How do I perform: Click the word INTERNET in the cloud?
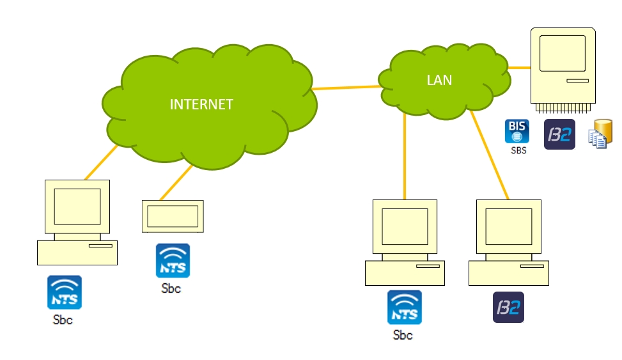(201, 104)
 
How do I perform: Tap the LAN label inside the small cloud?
(439, 80)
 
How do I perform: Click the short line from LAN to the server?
(519, 67)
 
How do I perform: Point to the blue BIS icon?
(517, 131)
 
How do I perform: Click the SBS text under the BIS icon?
(517, 151)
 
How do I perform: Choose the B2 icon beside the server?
(559, 134)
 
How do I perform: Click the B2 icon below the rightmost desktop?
(508, 307)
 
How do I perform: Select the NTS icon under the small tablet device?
(173, 260)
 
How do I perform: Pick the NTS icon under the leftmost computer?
(65, 292)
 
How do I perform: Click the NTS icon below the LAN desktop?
(405, 307)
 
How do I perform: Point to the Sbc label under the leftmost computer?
(63, 320)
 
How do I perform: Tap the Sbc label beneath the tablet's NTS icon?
(171, 288)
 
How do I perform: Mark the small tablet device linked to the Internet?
(173, 216)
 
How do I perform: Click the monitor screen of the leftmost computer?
(77, 207)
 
